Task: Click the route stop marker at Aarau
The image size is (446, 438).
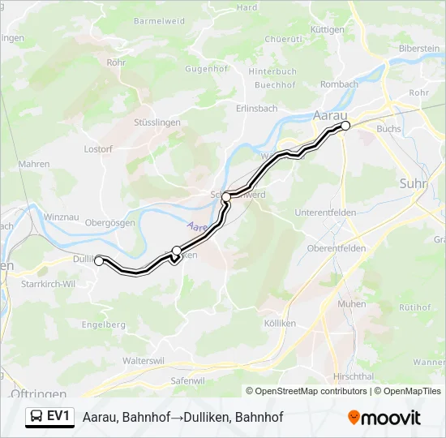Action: [x=345, y=126]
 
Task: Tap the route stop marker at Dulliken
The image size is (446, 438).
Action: [x=99, y=261]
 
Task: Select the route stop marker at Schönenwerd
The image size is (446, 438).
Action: [x=226, y=196]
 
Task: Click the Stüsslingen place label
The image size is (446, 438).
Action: [x=156, y=122]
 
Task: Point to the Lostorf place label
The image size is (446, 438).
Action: [x=98, y=149]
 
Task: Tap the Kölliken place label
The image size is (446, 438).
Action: [x=280, y=323]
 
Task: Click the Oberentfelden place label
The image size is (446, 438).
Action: [x=337, y=247]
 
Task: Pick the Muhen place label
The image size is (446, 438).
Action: [x=351, y=303]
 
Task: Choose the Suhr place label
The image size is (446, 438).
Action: [x=413, y=184]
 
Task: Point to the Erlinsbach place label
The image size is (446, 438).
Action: [x=256, y=109]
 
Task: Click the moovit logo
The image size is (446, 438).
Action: [x=384, y=417]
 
